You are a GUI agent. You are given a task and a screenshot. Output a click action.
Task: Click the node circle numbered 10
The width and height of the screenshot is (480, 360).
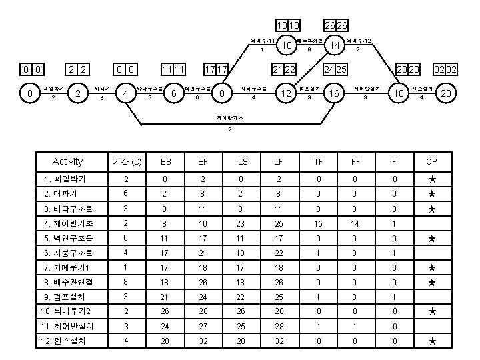(x=287, y=45)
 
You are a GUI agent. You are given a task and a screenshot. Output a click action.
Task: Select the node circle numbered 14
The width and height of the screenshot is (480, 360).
(x=335, y=45)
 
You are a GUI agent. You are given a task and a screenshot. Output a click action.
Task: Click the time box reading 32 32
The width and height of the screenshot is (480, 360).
(x=444, y=69)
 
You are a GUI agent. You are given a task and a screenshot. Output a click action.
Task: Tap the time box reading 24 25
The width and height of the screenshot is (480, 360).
(x=334, y=69)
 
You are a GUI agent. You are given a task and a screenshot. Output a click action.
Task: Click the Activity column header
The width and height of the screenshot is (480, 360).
(x=67, y=161)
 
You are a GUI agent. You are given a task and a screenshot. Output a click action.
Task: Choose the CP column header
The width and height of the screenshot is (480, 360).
(x=432, y=161)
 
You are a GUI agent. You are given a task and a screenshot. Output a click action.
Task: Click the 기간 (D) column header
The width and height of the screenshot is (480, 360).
(x=127, y=161)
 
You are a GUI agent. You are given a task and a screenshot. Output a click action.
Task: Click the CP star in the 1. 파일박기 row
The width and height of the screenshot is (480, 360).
(x=432, y=179)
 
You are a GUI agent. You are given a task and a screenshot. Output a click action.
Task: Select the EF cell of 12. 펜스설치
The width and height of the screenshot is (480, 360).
(x=203, y=341)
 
